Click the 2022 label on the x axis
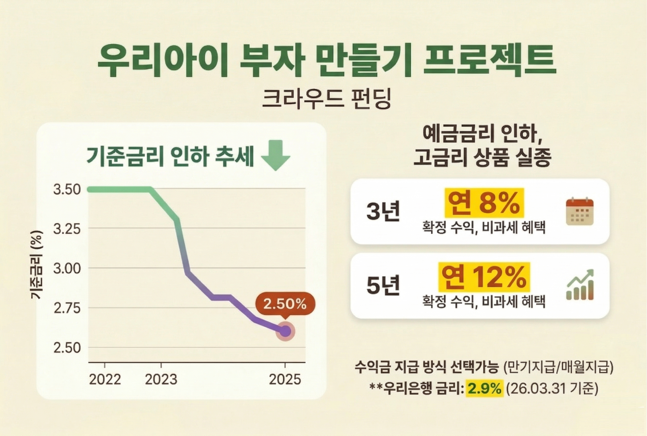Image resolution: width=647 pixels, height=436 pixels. point(105,379)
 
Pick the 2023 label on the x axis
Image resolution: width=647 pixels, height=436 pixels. point(161,379)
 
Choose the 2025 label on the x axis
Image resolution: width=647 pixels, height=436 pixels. point(285,379)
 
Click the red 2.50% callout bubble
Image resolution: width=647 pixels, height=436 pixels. point(285,305)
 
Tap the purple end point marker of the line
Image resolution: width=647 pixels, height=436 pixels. point(285,331)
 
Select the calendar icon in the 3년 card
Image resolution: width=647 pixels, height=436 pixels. point(580,211)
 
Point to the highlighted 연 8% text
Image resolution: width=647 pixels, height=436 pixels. point(484,203)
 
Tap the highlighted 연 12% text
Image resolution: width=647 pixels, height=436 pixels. point(484,277)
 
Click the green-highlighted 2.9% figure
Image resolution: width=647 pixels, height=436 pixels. point(484,389)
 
